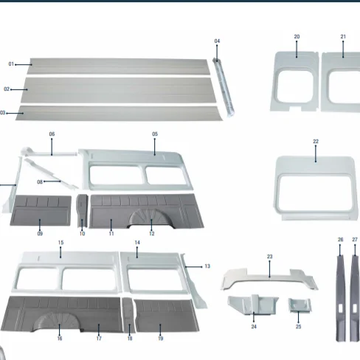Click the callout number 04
coord(217,41)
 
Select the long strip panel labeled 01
coord(118,66)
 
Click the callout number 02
coord(7,89)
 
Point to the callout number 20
coord(297,36)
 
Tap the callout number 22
coord(316,141)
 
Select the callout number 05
coord(155,134)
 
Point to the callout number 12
coord(151,234)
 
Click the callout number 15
coord(60,243)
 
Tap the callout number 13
coord(207,266)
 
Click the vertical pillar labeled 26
coord(341,295)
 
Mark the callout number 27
coord(355,240)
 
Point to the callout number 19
coord(160,339)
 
